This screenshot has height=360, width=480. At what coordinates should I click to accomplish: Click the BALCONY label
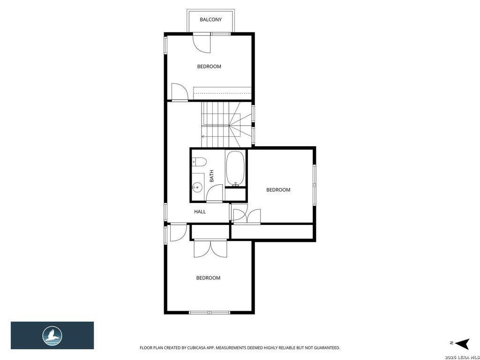210,20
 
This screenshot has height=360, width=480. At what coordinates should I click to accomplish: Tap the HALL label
200,211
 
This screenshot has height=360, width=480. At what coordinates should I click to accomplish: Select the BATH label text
211,176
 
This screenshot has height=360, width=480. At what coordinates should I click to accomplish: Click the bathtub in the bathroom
235,168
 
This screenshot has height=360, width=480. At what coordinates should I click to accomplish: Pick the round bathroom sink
198,187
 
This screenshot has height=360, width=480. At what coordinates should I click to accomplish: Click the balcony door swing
202,44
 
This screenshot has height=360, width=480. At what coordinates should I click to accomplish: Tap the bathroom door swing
215,193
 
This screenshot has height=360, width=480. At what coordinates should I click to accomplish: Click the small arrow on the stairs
203,136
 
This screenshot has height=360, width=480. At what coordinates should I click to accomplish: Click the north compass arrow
463,343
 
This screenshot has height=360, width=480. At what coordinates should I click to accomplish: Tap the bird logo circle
52,336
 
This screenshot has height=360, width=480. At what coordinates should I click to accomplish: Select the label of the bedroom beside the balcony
209,67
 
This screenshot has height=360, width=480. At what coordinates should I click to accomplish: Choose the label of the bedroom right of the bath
278,190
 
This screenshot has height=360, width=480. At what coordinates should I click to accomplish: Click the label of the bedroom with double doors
208,278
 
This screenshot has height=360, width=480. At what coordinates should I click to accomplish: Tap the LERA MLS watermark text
462,358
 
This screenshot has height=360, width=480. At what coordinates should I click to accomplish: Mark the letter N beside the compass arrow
451,343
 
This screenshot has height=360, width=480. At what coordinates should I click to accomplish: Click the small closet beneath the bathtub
235,194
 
